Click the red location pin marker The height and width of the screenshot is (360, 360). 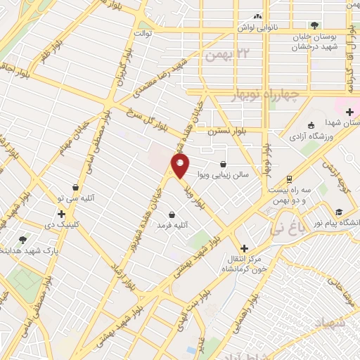click(181, 167)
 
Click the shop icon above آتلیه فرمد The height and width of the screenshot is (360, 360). click(172, 214)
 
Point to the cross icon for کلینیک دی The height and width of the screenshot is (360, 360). click(61, 214)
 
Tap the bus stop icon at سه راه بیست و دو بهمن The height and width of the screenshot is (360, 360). click(288, 179)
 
